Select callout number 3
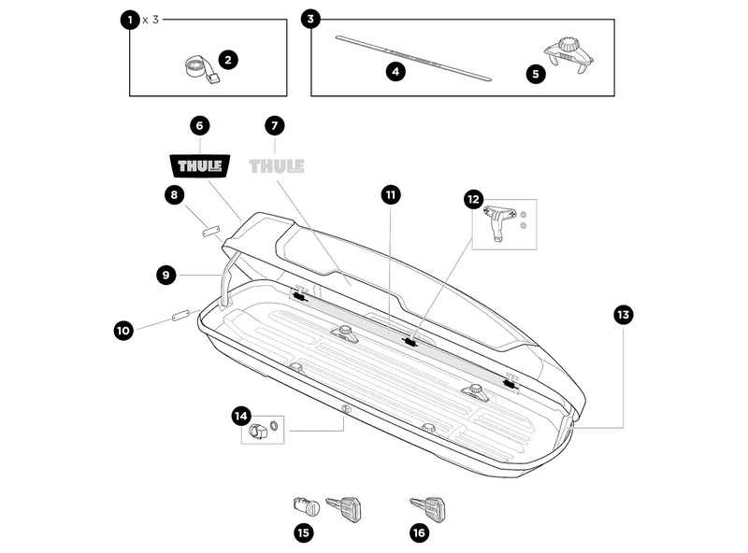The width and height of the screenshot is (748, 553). click(311, 19)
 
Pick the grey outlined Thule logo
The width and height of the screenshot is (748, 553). click(277, 166)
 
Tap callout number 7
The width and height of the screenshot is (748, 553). click(274, 124)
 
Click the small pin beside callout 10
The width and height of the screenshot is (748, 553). click(180, 317)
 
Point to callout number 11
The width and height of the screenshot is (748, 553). click(390, 194)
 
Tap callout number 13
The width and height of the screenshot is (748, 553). click(623, 315)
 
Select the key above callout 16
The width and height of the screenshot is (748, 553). click(429, 508)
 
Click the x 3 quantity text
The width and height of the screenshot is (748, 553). click(150, 19)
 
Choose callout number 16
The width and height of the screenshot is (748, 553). click(418, 533)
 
